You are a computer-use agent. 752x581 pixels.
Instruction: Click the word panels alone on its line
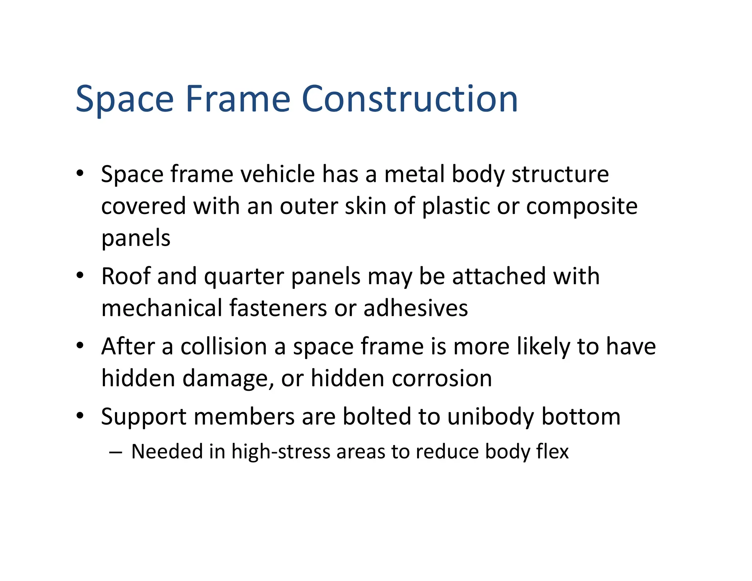click(136, 238)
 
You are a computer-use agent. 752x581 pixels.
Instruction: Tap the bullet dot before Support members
click(80, 416)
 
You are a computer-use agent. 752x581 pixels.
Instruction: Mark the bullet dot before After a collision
click(80, 346)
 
